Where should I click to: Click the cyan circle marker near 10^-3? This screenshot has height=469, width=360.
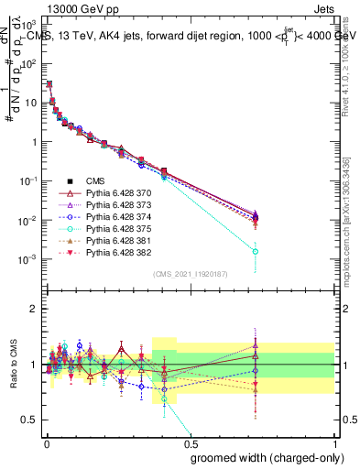[x=256, y=251]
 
